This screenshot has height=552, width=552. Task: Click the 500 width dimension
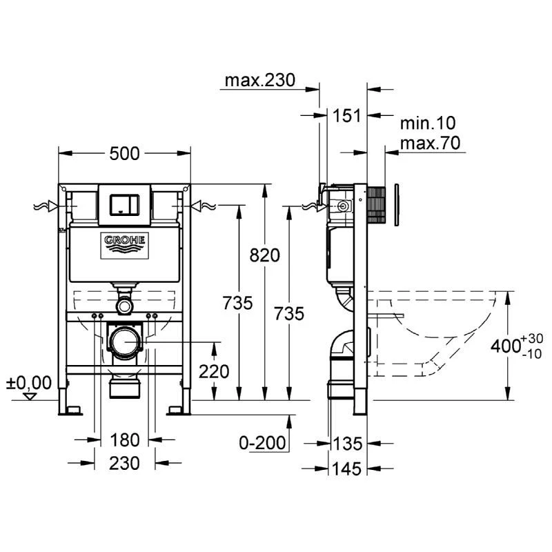point(124,153)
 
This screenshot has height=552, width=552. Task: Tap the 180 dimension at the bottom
point(124,440)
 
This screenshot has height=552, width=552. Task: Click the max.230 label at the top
point(259,81)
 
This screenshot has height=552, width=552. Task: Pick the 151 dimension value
point(343,115)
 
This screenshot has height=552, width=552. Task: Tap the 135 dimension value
point(347,442)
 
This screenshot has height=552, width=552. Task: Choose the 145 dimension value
point(347,469)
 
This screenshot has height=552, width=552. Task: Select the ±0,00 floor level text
point(29,382)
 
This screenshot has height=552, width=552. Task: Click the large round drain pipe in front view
point(124,342)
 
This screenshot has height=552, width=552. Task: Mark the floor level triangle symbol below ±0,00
point(29,396)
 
